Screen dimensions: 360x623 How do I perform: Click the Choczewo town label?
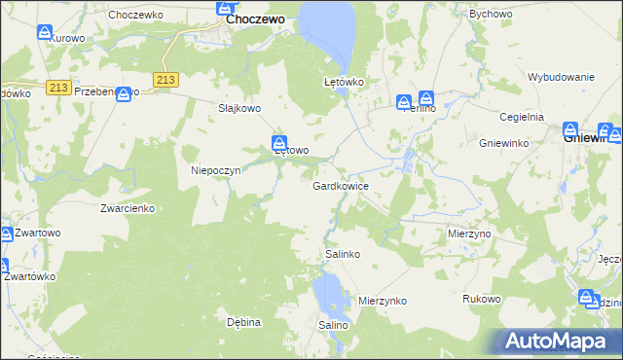click(255, 18)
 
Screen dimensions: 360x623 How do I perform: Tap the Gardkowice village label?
click(340, 185)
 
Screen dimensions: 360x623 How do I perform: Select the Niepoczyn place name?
click(215, 169)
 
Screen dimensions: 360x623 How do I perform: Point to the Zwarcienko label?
click(128, 208)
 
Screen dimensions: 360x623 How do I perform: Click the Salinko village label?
click(343, 254)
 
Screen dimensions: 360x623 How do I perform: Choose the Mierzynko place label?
click(382, 302)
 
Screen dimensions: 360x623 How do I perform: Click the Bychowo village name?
click(492, 15)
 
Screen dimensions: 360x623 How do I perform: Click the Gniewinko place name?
click(503, 142)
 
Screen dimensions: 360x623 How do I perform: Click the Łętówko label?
click(344, 83)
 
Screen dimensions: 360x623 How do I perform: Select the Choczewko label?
click(134, 15)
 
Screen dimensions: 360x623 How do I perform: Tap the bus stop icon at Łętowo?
click(279, 142)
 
